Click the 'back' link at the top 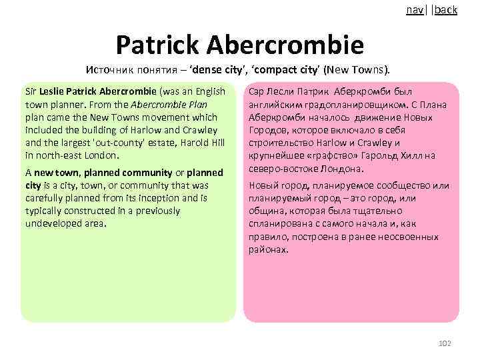[446, 10]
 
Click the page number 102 [445, 343]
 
